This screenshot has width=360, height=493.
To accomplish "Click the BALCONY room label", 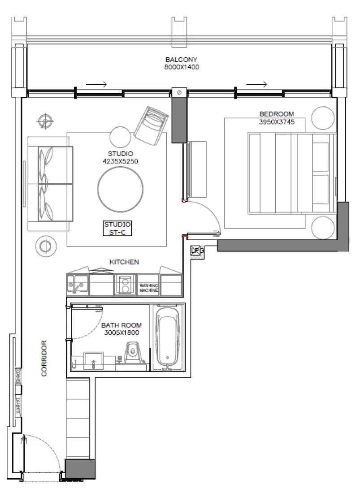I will pyautogui.click(x=181, y=60).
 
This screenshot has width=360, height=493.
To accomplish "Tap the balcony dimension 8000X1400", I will pyautogui.click(x=181, y=67).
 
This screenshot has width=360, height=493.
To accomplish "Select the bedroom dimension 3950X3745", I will pyautogui.click(x=277, y=121).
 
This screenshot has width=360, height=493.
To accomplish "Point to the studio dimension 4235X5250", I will pyautogui.click(x=120, y=161).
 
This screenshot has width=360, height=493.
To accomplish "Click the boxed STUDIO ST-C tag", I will pyautogui.click(x=117, y=228).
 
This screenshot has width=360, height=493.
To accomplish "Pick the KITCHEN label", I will pyautogui.click(x=124, y=262).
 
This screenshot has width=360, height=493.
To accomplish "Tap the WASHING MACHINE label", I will pyautogui.click(x=148, y=288).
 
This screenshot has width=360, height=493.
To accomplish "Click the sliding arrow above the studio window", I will pyautogui.click(x=96, y=84).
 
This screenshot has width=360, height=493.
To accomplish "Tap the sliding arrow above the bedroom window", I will pyautogui.click(x=256, y=84).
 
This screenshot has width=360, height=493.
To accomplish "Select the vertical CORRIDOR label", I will pyautogui.click(x=44, y=358).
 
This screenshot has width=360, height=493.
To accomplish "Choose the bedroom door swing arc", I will pyautogui.click(x=208, y=215).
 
